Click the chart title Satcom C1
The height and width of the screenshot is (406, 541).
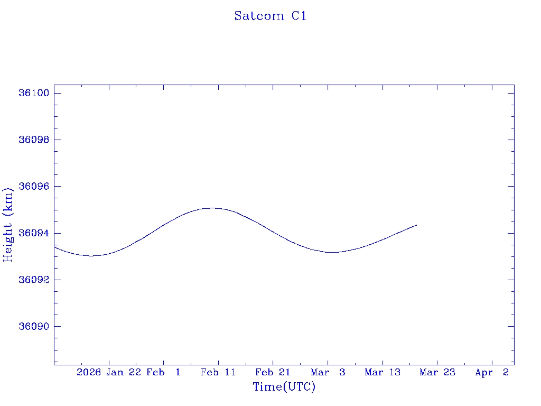tap(270, 16)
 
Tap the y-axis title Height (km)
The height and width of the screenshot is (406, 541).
tap(8, 224)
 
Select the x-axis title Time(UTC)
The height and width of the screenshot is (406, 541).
tap(284, 387)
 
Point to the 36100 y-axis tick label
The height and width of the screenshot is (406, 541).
tap(34, 93)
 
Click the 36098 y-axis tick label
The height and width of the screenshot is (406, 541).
tap(34, 140)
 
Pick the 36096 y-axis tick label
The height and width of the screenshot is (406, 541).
tap(34, 187)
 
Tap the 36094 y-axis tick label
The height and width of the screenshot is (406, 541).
tap(34, 233)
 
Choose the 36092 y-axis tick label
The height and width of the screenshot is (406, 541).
tap(34, 280)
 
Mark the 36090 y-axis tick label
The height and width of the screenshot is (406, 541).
tap(34, 326)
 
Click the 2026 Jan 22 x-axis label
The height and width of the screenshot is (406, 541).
tap(109, 372)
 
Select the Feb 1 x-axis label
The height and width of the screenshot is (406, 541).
tap(163, 372)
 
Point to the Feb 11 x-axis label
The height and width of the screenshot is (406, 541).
tap(218, 372)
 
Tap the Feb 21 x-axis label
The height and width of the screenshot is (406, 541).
tap(273, 372)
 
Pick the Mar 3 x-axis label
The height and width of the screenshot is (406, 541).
tap(328, 372)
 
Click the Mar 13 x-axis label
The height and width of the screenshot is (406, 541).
tap(383, 372)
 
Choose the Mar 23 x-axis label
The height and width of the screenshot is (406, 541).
tap(437, 372)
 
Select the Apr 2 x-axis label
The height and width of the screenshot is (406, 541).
tap(492, 372)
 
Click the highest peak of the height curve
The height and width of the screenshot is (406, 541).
tap(212, 208)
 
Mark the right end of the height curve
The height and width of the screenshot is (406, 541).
tap(417, 225)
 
